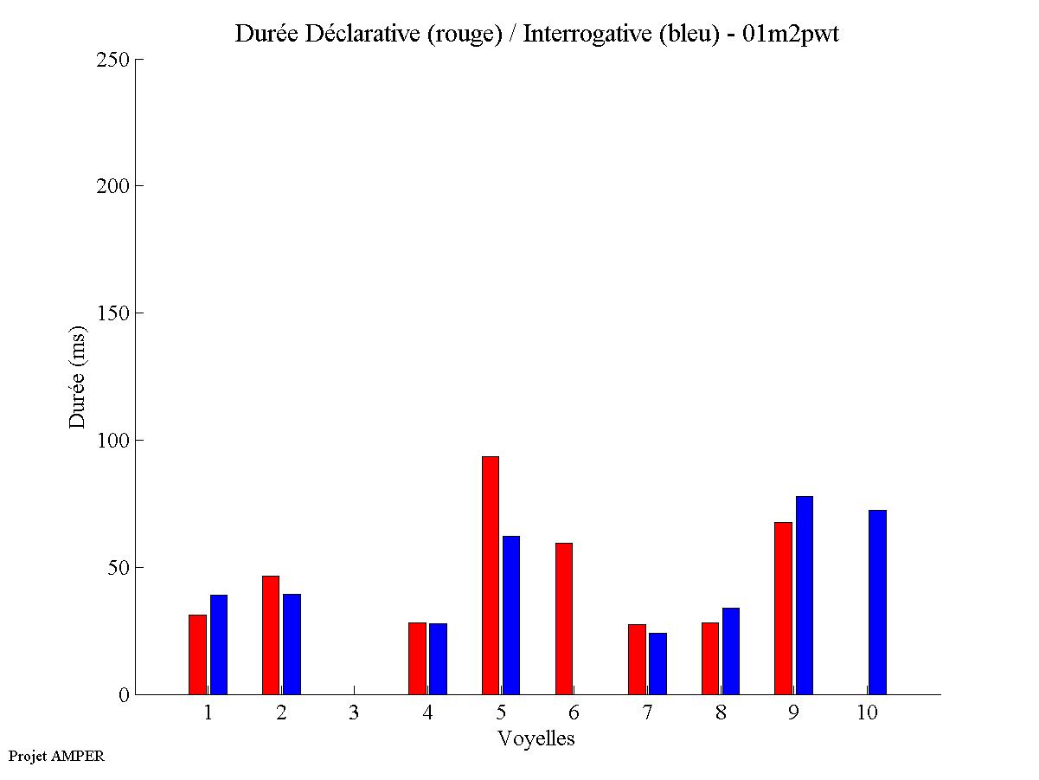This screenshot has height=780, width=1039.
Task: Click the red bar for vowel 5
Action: (x=490, y=575)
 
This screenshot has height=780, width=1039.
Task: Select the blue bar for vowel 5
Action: (x=510, y=615)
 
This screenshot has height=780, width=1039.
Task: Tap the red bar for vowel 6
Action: (x=563, y=618)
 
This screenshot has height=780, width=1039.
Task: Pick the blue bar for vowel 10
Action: (x=877, y=602)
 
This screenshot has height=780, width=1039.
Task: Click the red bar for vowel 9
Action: (x=783, y=608)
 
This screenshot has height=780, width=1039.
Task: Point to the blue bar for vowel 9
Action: (x=805, y=595)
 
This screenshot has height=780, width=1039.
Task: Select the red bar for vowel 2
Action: (x=271, y=635)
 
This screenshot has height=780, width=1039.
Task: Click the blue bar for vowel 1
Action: (x=218, y=644)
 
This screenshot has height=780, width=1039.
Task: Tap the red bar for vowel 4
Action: (x=417, y=658)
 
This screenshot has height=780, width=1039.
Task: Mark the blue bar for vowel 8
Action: (x=731, y=651)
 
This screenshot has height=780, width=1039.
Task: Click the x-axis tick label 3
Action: (x=354, y=713)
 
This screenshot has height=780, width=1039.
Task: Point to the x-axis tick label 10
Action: (x=867, y=713)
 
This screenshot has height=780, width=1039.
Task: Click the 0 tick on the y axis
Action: (x=124, y=695)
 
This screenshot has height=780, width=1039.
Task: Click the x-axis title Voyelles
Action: (x=536, y=738)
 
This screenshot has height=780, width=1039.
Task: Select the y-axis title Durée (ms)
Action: (x=78, y=377)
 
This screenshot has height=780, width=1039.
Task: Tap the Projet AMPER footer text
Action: (x=56, y=756)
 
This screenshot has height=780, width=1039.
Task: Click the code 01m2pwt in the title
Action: (x=790, y=35)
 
